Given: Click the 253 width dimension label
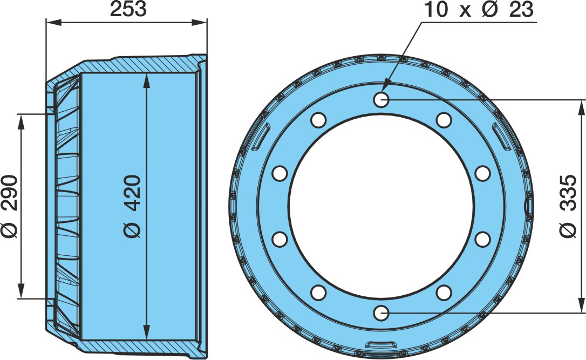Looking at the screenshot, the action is (x=128, y=9).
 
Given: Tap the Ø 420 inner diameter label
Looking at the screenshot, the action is (x=132, y=206).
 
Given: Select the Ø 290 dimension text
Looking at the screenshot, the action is (x=9, y=206).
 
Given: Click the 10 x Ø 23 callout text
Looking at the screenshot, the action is (x=479, y=9).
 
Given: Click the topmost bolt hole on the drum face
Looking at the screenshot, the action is (x=381, y=99).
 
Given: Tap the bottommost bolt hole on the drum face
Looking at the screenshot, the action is (x=381, y=313).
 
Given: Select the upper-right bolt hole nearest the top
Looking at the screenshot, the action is (x=444, y=120).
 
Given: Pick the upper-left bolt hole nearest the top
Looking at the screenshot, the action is (x=318, y=120).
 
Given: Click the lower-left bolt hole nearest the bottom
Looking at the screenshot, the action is (x=318, y=293).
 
